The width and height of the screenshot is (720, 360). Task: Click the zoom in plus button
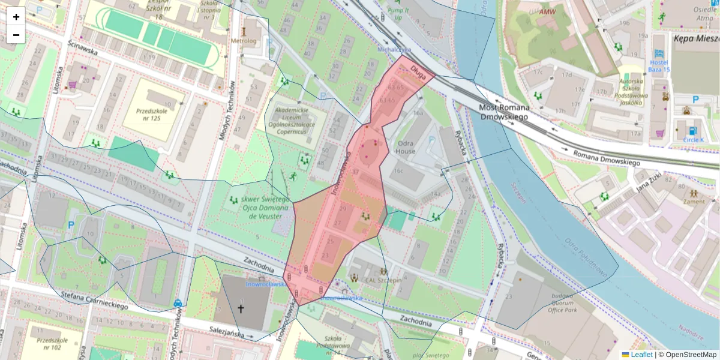click(x=16, y=16)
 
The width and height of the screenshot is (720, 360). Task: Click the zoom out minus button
click(x=16, y=35)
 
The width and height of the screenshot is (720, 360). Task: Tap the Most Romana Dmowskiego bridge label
click(x=503, y=112)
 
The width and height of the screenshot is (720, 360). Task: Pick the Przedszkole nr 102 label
click(x=49, y=343)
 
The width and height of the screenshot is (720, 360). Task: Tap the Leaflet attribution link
click(x=641, y=355)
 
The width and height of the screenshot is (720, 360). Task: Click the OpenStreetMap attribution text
click(x=687, y=355)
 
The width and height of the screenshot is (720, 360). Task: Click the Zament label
click(x=694, y=202)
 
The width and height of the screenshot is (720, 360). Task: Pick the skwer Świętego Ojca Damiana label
click(x=261, y=207)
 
